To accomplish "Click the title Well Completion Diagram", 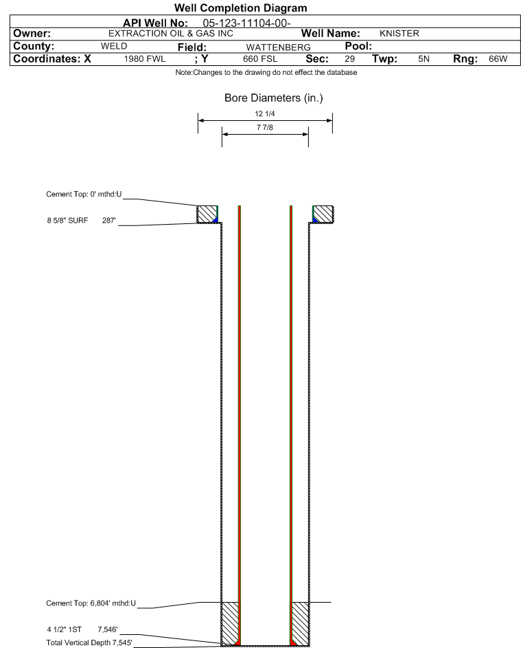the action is coord(241,8).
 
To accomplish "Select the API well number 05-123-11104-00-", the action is coord(247,23).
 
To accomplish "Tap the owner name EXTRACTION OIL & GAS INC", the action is coord(171,34).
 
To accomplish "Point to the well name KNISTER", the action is coord(400,34).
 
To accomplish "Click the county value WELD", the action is coord(114,46).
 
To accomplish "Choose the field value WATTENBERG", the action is coord(278,47).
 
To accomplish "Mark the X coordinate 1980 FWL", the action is coord(144,59).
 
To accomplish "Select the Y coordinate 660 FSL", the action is coord(260,59).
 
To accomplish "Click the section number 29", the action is coord(349,59).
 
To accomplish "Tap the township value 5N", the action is coord(424,59).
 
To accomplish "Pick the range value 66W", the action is coord(498,59).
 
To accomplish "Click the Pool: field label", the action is coord(358,46).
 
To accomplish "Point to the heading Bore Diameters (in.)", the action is coord(274,98).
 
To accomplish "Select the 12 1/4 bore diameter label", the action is coord(265,113).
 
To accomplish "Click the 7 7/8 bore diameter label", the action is coord(265,127).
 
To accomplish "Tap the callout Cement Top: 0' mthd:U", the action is coord(84,194).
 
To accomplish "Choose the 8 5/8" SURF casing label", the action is coord(67,221).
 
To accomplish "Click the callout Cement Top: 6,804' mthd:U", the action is coord(91,603).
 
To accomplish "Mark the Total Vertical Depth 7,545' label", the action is coord(89,643).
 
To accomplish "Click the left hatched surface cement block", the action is coord(207,214).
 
